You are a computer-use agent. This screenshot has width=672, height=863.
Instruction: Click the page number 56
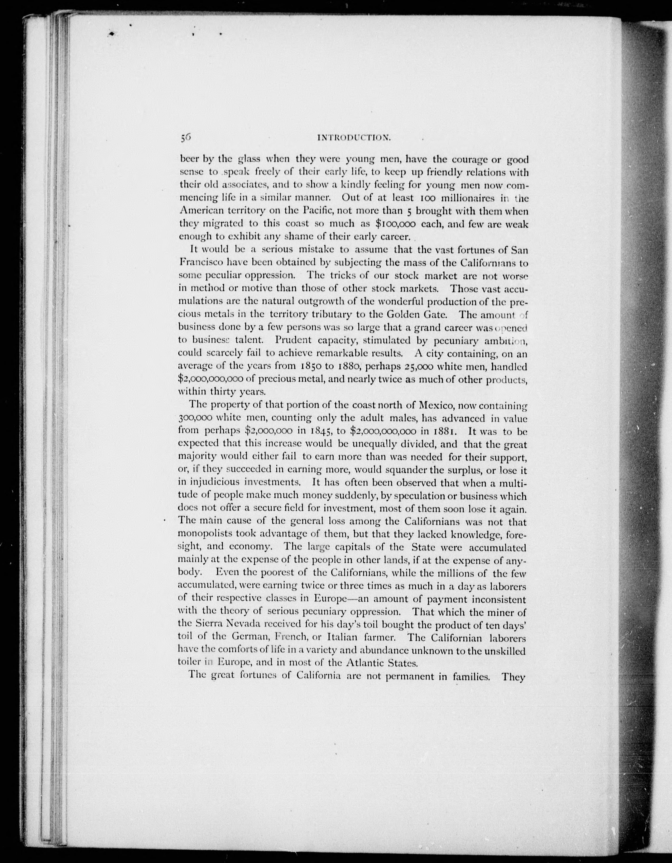point(186,137)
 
